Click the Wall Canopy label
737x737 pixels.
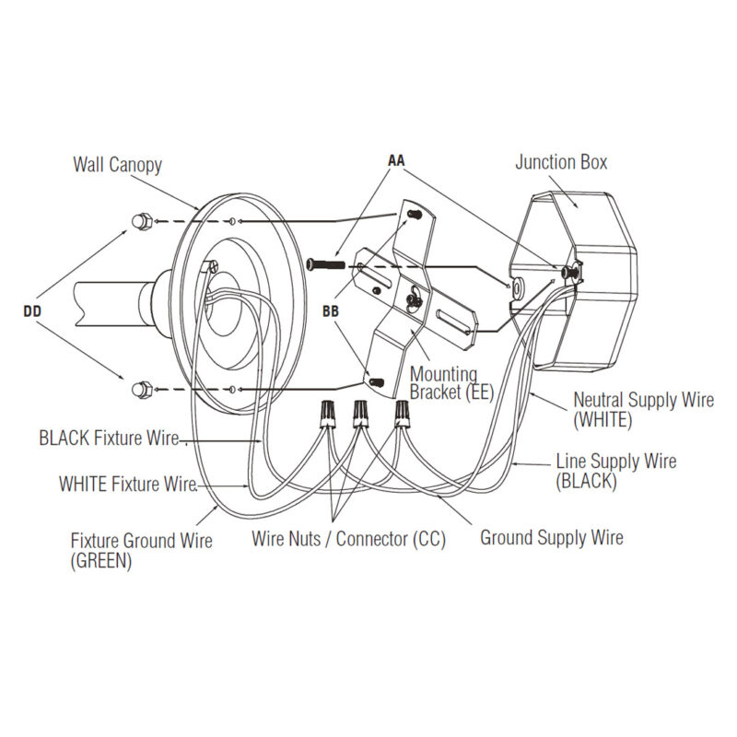click(x=117, y=165)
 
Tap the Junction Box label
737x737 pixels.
click(x=561, y=163)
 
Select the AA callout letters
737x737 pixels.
click(x=396, y=160)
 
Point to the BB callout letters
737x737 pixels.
click(x=331, y=311)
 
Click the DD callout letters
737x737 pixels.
click(x=33, y=311)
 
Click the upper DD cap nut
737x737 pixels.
click(x=141, y=222)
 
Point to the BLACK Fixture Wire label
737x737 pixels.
click(x=109, y=438)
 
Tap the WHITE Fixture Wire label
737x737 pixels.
click(x=128, y=484)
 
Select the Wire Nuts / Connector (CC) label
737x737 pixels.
click(x=348, y=539)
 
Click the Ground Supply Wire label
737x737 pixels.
click(x=551, y=537)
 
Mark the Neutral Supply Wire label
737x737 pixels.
click(x=643, y=401)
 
